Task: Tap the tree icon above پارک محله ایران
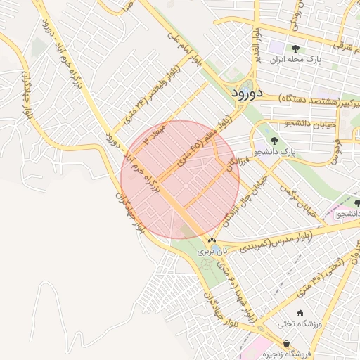click(295, 49)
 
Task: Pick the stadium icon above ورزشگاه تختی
click(300, 313)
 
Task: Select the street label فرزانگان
click(233, 161)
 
